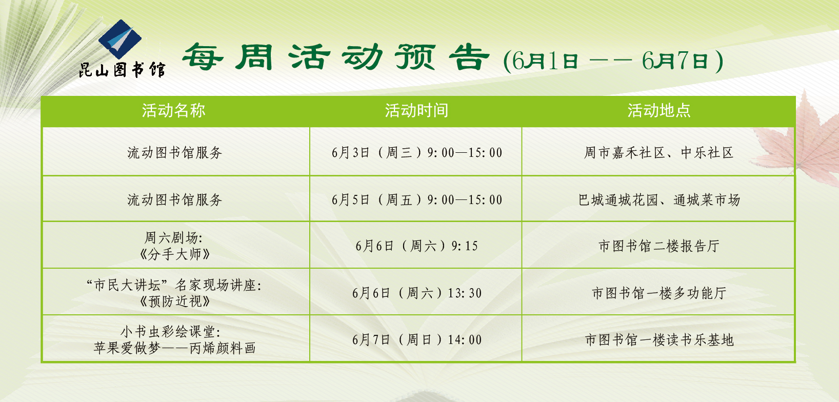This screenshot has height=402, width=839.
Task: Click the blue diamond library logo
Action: click(x=120, y=39)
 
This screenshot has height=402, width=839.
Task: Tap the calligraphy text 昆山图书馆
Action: click(x=122, y=70)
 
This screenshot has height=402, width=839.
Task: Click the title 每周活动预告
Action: click(x=336, y=57)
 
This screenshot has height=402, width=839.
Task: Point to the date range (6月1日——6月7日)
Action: click(x=613, y=61)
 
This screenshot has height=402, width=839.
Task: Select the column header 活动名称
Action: click(x=173, y=111)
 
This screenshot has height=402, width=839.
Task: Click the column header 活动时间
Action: click(x=416, y=111)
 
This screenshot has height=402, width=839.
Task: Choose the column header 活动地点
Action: click(x=659, y=111)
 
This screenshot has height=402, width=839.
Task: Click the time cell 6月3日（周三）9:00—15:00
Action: click(x=416, y=153)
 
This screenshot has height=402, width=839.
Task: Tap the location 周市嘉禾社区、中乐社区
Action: click(x=659, y=153)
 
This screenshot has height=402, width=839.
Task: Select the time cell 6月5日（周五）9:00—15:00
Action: click(x=416, y=200)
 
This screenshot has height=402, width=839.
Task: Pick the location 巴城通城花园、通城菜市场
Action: click(x=659, y=200)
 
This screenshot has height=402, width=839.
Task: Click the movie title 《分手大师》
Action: click(x=174, y=255)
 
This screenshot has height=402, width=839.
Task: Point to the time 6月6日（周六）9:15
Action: click(x=416, y=246)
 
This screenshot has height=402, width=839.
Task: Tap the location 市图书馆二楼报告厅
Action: click(x=659, y=246)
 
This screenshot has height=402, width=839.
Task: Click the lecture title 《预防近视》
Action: click(x=174, y=301)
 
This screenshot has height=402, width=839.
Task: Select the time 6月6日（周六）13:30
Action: click(x=416, y=293)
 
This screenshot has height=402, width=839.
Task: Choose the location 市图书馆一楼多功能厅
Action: click(x=659, y=293)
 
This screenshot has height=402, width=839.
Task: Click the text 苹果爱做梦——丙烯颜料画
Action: click(x=174, y=349)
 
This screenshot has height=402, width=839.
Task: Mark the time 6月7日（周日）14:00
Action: click(x=416, y=340)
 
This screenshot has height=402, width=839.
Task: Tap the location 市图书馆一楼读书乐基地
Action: click(x=659, y=340)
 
